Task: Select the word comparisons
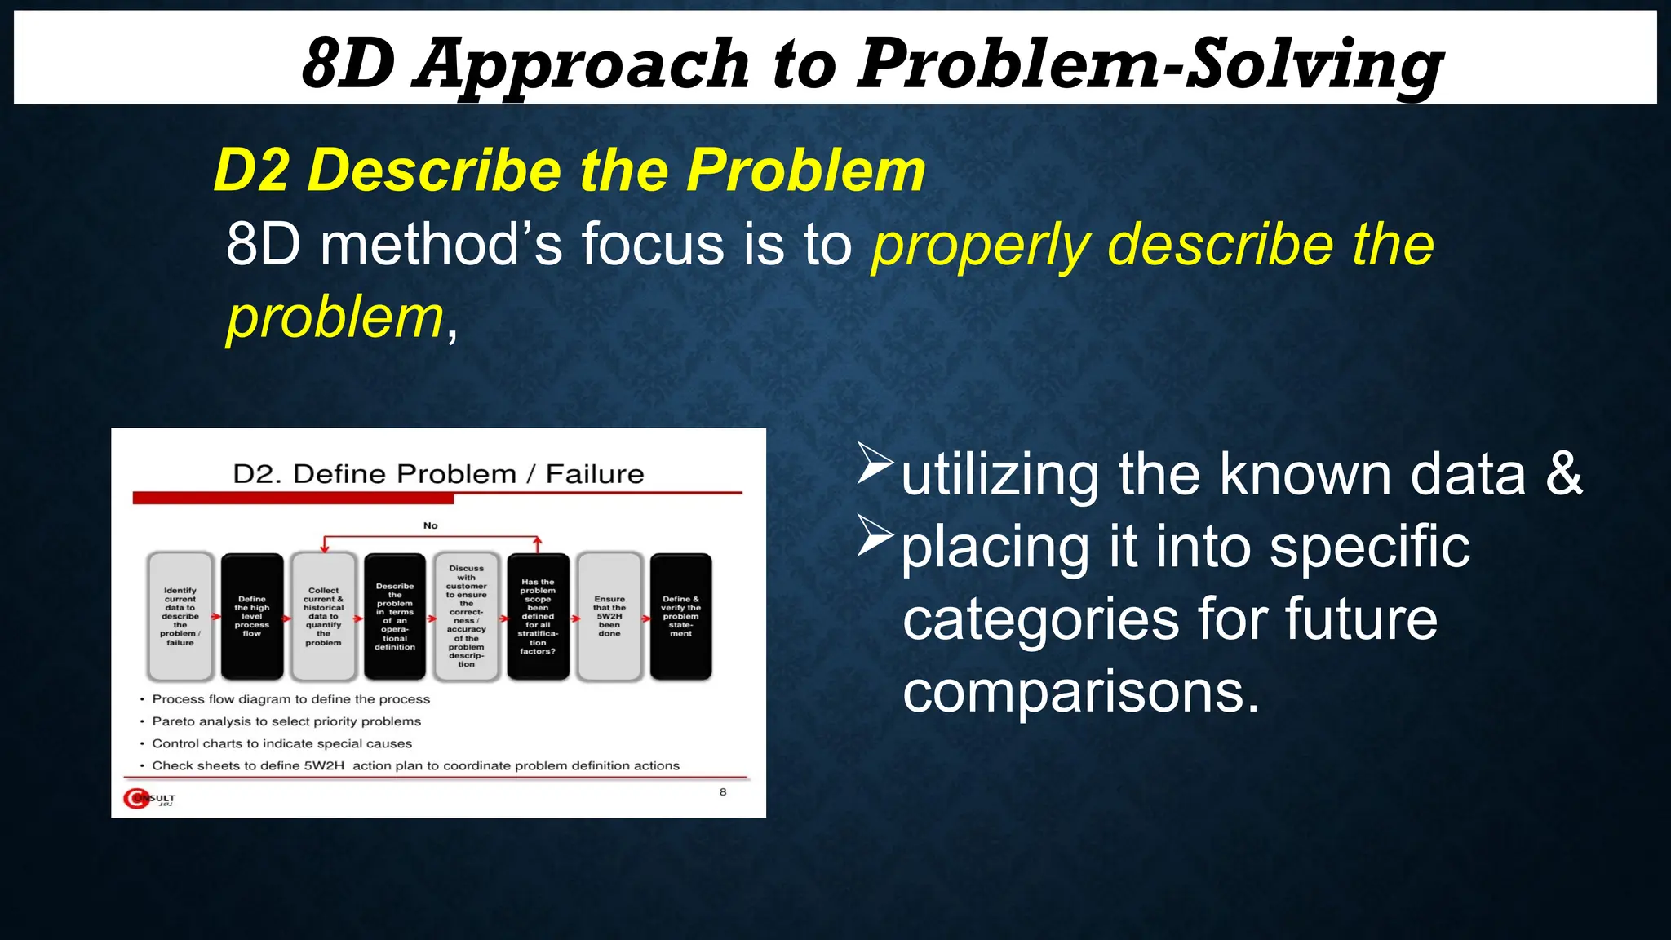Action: [x=1081, y=692]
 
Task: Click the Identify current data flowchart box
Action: [x=180, y=617]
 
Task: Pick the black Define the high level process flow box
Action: [x=252, y=617]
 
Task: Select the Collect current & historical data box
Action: [x=324, y=617]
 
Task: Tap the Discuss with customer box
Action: [x=467, y=617]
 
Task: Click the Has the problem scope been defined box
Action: [x=538, y=617]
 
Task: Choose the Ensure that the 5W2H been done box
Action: [x=609, y=617]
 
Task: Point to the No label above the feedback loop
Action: [x=431, y=525]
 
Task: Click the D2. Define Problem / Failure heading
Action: [x=438, y=474]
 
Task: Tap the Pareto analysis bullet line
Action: [x=286, y=721]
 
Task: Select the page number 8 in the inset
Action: [x=723, y=792]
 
